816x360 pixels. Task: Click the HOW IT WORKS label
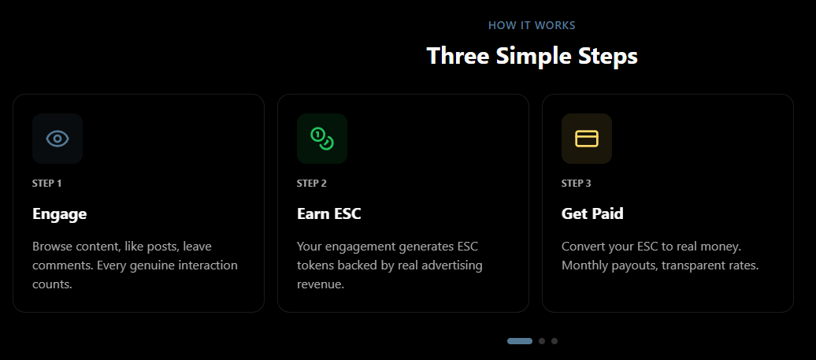(532, 25)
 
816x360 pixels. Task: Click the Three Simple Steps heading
(532, 56)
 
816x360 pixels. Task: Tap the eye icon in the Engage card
(57, 139)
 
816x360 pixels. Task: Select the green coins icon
(322, 139)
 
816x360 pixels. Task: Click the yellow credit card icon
(587, 139)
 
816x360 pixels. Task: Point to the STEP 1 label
(47, 184)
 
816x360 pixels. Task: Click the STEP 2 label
(312, 184)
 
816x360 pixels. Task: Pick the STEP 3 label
(577, 184)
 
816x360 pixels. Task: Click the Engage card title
(60, 213)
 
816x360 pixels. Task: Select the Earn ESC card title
(329, 213)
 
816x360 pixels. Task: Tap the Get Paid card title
(592, 213)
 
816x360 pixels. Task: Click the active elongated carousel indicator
(520, 341)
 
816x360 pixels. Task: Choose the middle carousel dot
(542, 341)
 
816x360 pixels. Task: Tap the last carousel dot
(555, 341)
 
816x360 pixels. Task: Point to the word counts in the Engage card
(52, 284)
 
